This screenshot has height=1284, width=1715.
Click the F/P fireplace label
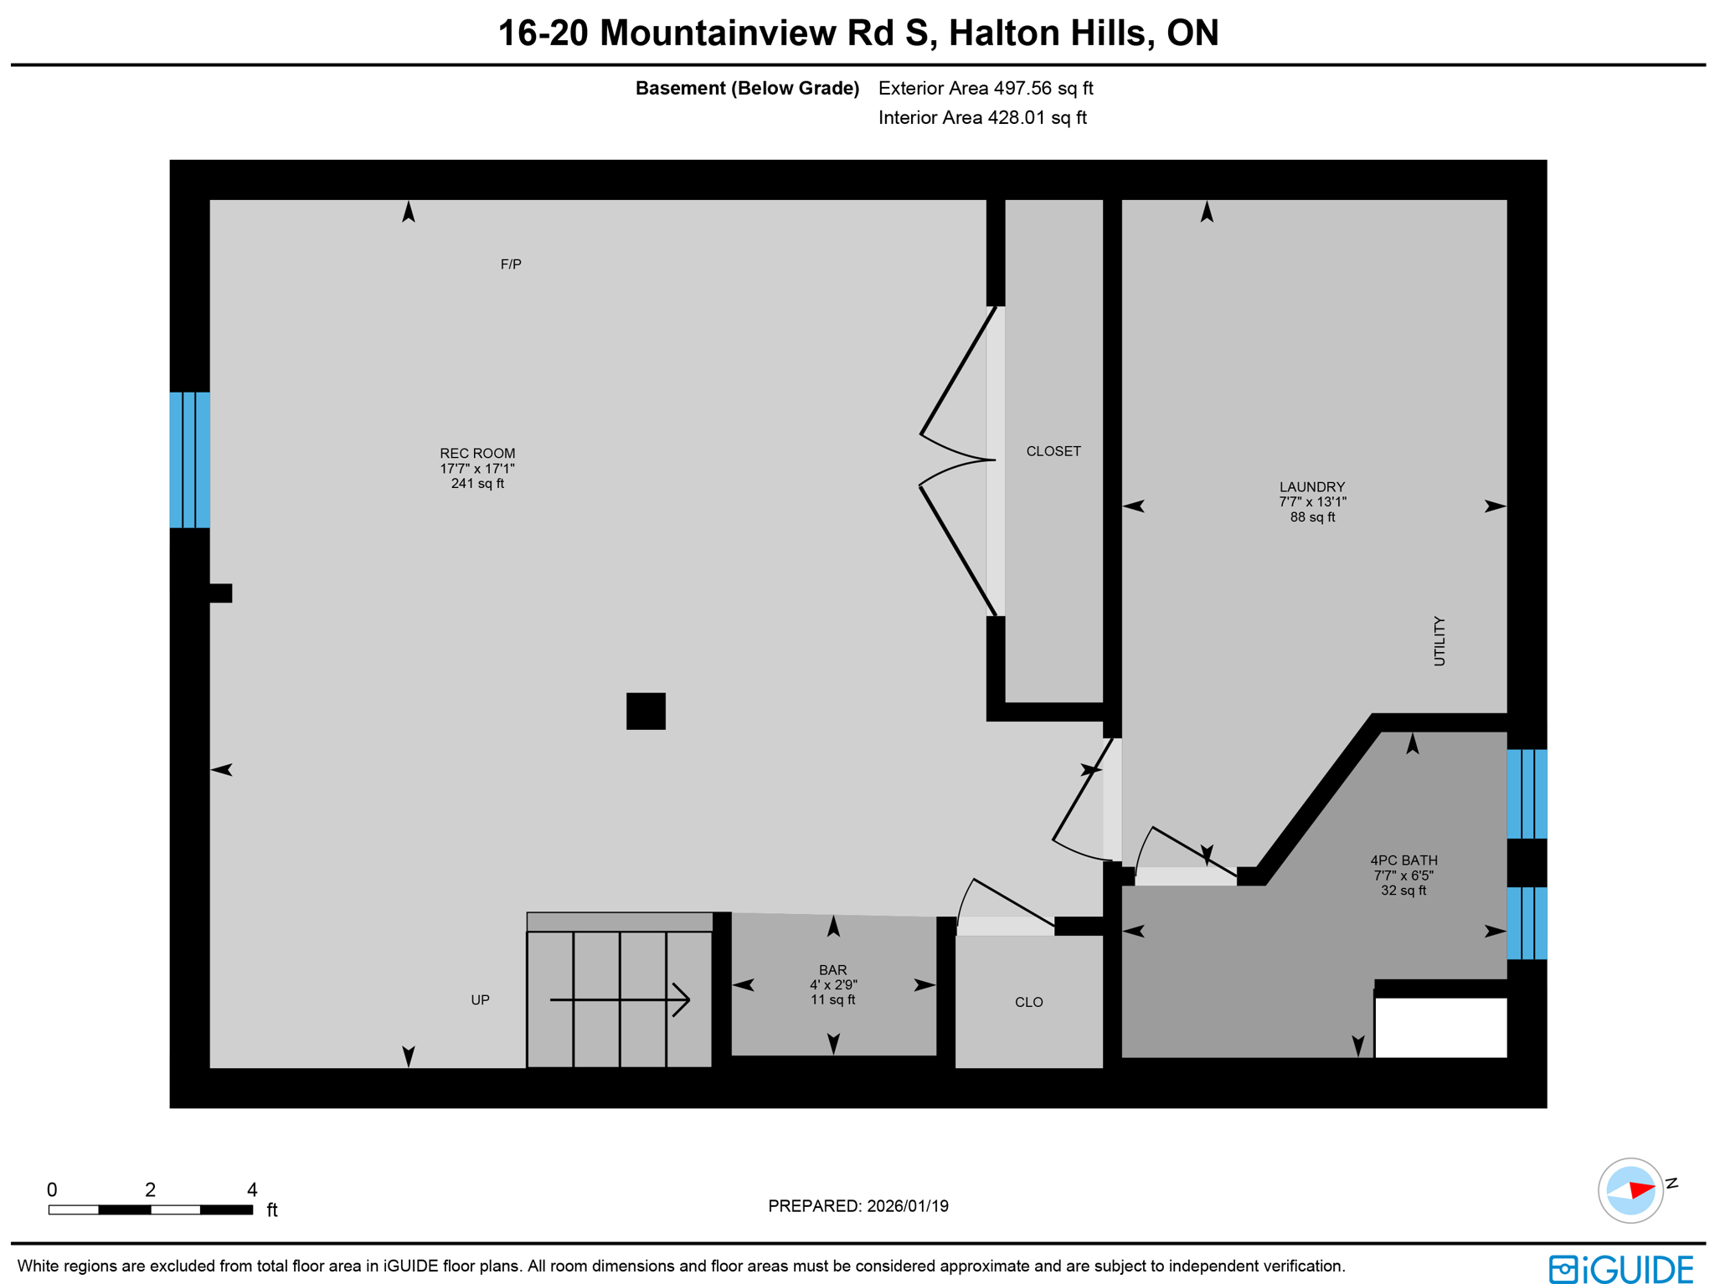511,265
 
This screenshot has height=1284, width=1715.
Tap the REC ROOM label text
477,454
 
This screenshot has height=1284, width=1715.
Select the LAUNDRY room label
1311,487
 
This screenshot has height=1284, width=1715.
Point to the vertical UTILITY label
1439,641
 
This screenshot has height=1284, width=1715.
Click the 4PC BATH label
1403,860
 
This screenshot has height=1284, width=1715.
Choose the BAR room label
832,970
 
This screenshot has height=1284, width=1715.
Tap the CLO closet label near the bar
1028,1003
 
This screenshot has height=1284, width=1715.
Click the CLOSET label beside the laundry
1053,452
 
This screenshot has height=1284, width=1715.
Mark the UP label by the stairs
480,1000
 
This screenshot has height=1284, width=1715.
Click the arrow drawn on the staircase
620,999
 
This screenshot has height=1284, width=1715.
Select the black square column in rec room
646,711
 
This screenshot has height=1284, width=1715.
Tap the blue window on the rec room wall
190,460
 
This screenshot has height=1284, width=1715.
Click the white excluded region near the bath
1440,1028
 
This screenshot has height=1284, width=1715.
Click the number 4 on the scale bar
252,1190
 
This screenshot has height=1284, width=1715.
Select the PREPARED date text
858,1206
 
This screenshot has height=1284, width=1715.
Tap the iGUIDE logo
1621,1269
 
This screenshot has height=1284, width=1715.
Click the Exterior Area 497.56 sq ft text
986,89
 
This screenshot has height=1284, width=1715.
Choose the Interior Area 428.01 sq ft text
982,118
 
